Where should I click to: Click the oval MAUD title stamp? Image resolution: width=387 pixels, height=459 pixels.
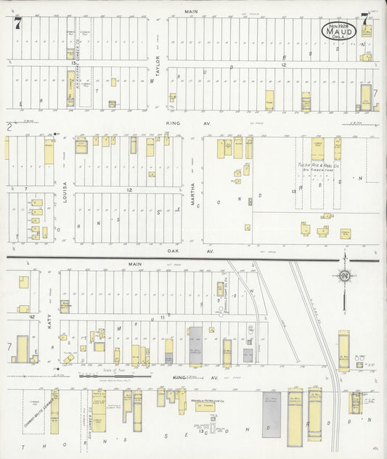343,31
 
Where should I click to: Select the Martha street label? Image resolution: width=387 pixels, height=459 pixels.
193,194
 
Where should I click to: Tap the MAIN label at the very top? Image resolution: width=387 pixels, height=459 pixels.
192,12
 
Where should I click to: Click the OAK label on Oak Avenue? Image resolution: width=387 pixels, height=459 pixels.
172,251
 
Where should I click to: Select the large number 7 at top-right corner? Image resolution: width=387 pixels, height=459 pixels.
364,20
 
